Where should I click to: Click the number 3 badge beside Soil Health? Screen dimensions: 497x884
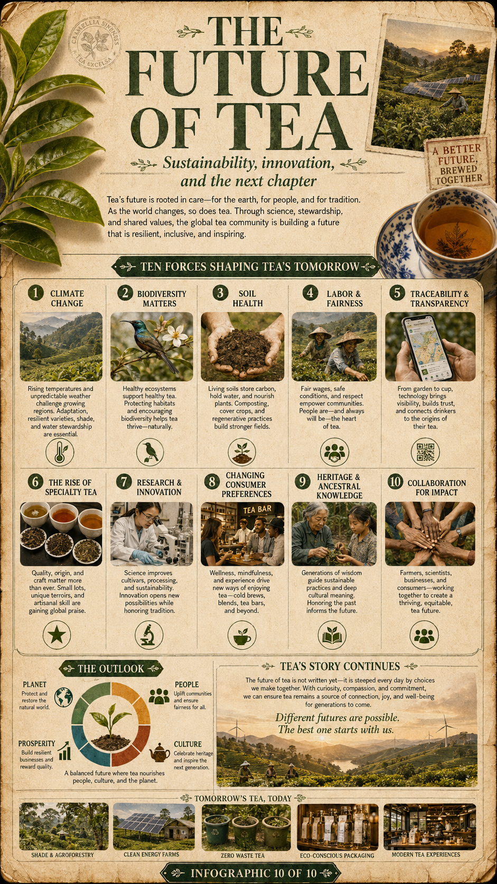click(x=220, y=293)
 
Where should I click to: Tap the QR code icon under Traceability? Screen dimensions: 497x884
click(x=425, y=452)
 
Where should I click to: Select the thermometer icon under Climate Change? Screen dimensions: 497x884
click(x=60, y=452)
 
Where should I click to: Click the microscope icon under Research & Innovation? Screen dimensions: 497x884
click(x=148, y=634)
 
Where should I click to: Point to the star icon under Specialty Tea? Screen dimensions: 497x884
click(x=57, y=634)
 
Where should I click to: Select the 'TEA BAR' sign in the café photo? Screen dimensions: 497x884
click(x=257, y=510)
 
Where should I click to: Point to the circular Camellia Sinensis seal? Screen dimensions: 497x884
click(x=94, y=43)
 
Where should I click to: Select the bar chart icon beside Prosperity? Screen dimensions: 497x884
click(x=64, y=751)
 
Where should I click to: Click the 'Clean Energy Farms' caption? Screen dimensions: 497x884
click(x=152, y=854)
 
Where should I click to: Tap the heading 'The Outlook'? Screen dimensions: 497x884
click(x=111, y=668)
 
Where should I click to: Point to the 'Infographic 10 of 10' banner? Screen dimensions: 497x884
click(x=251, y=873)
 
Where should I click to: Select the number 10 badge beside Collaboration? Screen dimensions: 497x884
click(x=395, y=482)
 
